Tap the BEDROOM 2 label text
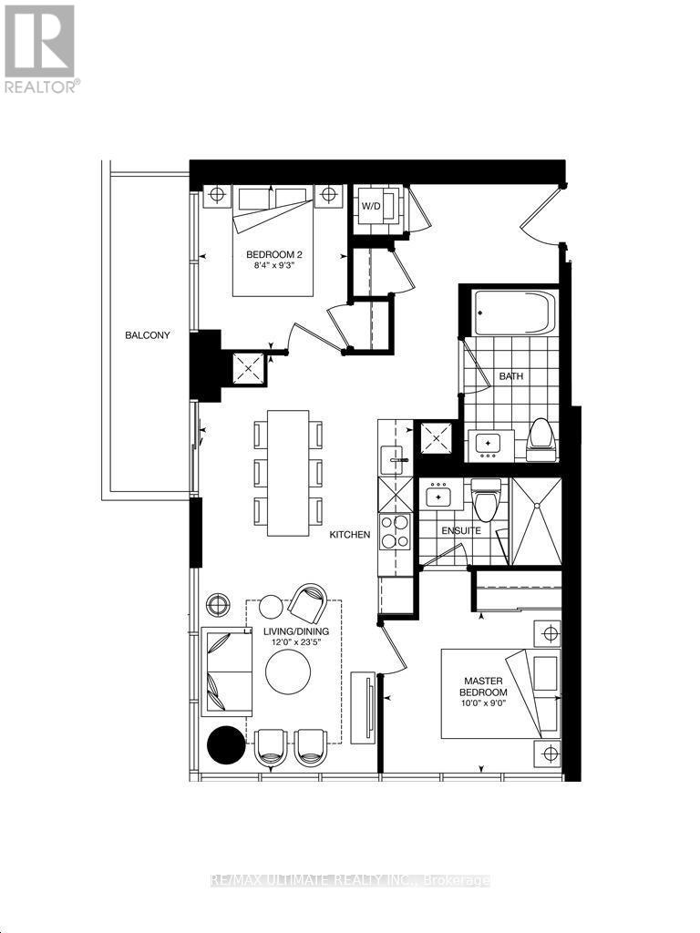[274, 254]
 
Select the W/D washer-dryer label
[372, 206]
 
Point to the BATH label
[509, 375]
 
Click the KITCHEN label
[350, 535]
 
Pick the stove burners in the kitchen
[395, 531]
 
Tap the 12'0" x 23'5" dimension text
[297, 643]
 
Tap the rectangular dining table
[288, 473]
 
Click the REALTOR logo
[40, 47]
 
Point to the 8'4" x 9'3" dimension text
[274, 268]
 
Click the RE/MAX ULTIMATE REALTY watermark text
[350, 880]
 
